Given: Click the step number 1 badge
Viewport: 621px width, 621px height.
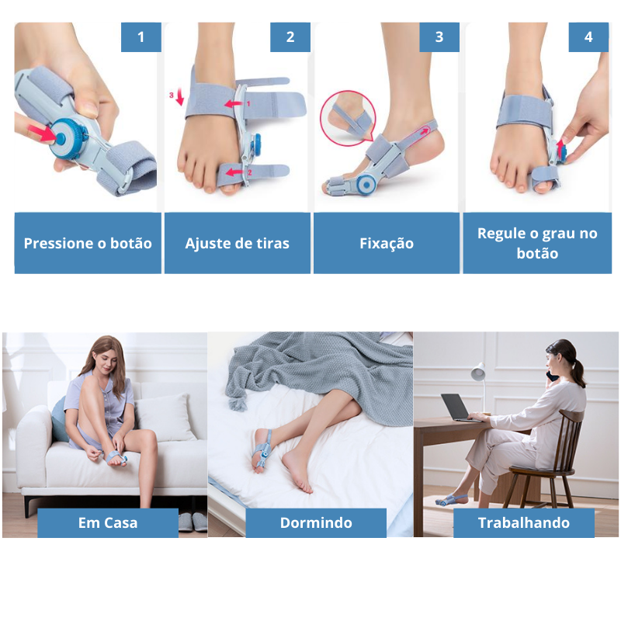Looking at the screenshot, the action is click(x=141, y=37).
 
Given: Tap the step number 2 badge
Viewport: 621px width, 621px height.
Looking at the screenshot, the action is click(x=290, y=37).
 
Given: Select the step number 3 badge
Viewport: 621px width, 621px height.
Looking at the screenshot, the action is click(x=439, y=37).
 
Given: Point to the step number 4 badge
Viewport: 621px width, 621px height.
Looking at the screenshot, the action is click(x=588, y=37).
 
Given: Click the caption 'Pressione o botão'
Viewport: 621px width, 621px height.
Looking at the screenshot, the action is click(x=88, y=243).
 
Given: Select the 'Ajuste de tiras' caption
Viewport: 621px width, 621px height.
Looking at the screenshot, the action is click(x=238, y=243).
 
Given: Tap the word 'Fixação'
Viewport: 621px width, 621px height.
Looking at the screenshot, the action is click(x=387, y=243).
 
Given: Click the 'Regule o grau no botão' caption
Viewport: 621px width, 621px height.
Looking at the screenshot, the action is click(x=537, y=243).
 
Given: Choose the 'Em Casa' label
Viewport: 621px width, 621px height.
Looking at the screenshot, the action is click(x=108, y=522).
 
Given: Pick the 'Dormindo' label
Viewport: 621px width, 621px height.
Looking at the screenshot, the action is click(x=316, y=522).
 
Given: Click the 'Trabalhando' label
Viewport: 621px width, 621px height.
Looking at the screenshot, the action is click(x=523, y=522).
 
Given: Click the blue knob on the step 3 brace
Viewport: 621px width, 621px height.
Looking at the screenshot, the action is click(x=366, y=185).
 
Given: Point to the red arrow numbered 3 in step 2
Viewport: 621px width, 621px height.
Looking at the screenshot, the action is click(x=180, y=97).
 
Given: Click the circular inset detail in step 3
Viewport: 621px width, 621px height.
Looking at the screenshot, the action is click(x=348, y=118).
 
